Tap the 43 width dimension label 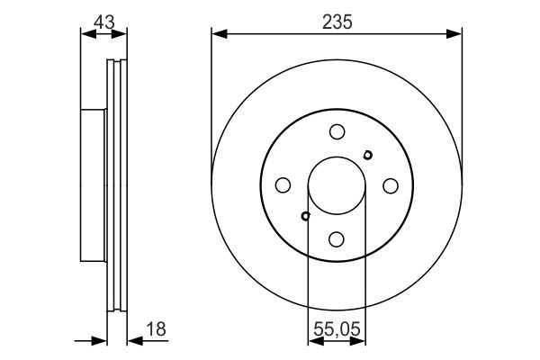(x=103, y=20)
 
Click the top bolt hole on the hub (x=337, y=131)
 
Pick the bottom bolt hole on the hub (x=337, y=238)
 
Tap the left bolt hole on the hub (x=283, y=185)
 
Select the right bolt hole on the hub (x=391, y=185)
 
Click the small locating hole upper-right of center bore (x=367, y=155)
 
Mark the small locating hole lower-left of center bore (x=306, y=216)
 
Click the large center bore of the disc (x=337, y=185)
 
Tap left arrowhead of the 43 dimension (x=86, y=34)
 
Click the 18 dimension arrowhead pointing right (x=101, y=340)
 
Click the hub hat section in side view (x=94, y=184)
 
